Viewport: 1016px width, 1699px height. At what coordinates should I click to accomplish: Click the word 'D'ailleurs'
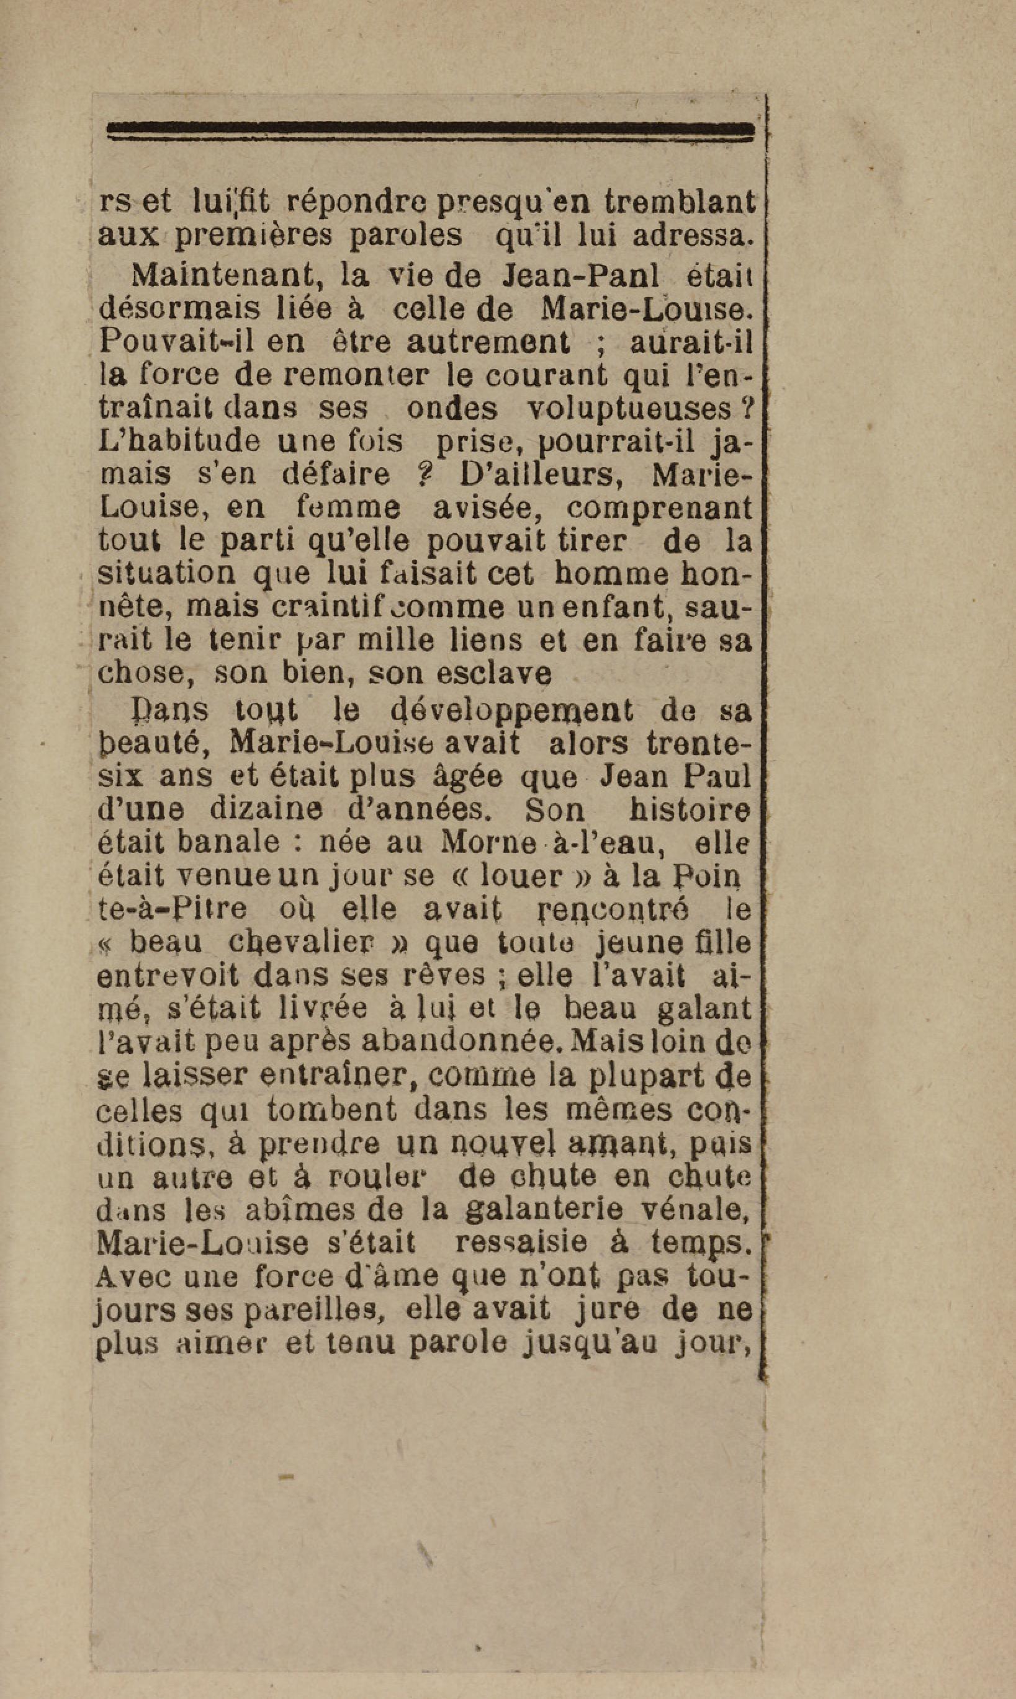point(541,474)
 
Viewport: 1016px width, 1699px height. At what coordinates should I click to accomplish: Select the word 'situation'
point(167,573)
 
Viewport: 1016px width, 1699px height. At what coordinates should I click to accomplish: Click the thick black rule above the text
point(431,128)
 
